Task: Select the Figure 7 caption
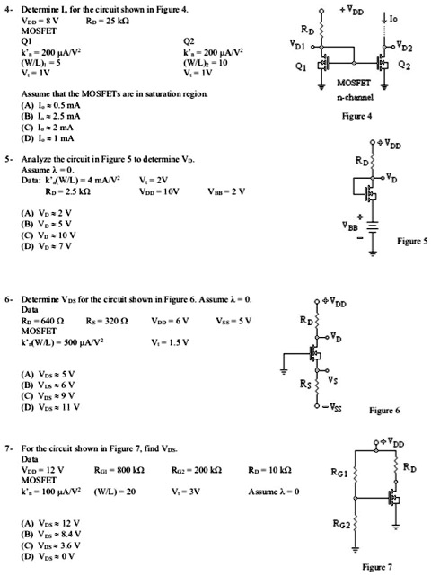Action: point(377,567)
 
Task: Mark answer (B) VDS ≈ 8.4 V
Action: point(40,532)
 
